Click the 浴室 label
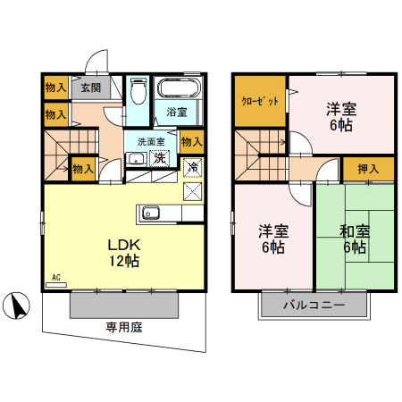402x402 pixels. pos(177,112)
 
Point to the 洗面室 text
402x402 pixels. pos(146,141)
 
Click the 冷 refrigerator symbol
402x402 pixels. pos(192,166)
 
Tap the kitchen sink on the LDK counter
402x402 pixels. pos(149,213)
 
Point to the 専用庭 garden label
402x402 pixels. pos(124,327)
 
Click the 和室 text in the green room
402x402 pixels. pos(354,230)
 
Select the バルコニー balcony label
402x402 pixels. pos(314,305)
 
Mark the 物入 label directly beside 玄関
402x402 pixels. pos(54,88)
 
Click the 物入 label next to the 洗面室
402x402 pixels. pos(191,140)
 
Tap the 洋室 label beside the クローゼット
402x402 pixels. pos(340,109)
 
